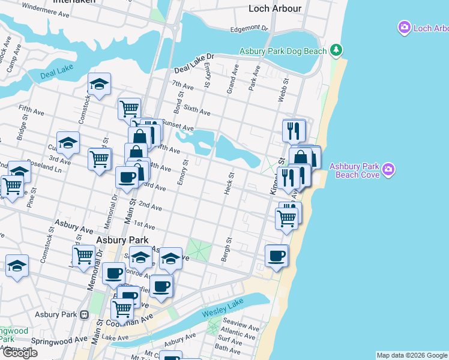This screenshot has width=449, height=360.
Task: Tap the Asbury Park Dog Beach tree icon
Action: [337, 50]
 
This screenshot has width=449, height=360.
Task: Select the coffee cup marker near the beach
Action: [277, 256]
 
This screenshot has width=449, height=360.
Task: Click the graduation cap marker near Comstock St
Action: [99, 85]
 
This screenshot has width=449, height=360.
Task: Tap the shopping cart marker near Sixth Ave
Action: [129, 109]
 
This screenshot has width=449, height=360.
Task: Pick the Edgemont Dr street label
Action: [249, 29]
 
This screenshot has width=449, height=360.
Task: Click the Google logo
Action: [20, 353]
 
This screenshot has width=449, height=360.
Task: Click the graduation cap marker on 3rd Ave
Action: [68, 143]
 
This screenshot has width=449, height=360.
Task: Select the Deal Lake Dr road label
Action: [194, 62]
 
